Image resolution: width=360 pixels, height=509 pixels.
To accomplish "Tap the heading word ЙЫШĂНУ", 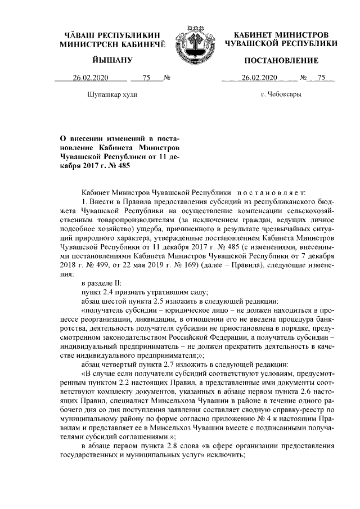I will (112, 60).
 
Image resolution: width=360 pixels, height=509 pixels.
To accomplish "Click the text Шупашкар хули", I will (112, 94).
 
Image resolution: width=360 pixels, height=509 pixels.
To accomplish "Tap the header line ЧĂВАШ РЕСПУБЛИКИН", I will (112, 35).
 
